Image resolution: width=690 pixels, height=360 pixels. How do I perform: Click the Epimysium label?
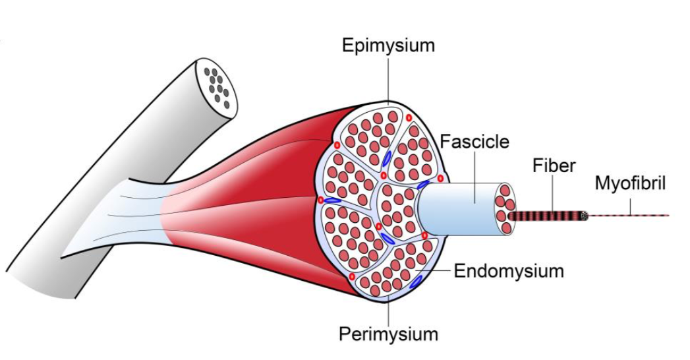388,45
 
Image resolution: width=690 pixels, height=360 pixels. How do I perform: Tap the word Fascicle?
474,142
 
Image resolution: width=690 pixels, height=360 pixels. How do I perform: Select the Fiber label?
554,165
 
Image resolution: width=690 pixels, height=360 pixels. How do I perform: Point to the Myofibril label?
630,183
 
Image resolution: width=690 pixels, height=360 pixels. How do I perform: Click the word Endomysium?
509,271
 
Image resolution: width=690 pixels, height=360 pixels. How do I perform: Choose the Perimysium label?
388,334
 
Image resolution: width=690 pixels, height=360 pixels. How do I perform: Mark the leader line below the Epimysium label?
388,79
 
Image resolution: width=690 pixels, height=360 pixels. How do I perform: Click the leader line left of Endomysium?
435,270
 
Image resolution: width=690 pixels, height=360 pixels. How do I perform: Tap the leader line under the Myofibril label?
630,205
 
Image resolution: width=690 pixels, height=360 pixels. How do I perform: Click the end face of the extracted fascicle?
505,209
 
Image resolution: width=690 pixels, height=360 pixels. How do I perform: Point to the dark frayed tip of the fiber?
584,216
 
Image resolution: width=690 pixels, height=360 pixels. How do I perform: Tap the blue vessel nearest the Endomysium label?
416,282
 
